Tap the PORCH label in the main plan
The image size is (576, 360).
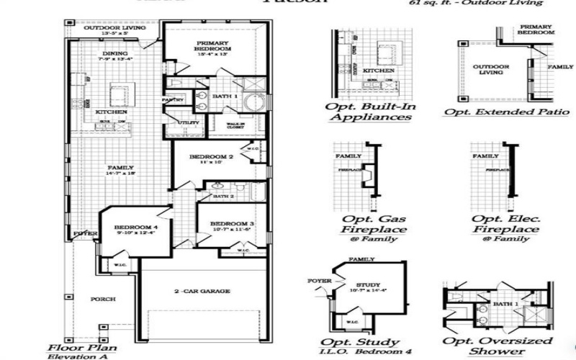tap(102, 299)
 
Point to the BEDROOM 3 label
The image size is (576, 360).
tap(232, 224)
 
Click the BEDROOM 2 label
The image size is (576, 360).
tap(211, 156)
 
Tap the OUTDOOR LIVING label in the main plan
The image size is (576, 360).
tap(110, 28)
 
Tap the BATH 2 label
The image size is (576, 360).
tap(223, 196)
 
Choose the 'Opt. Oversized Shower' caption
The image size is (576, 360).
tap(498, 346)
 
